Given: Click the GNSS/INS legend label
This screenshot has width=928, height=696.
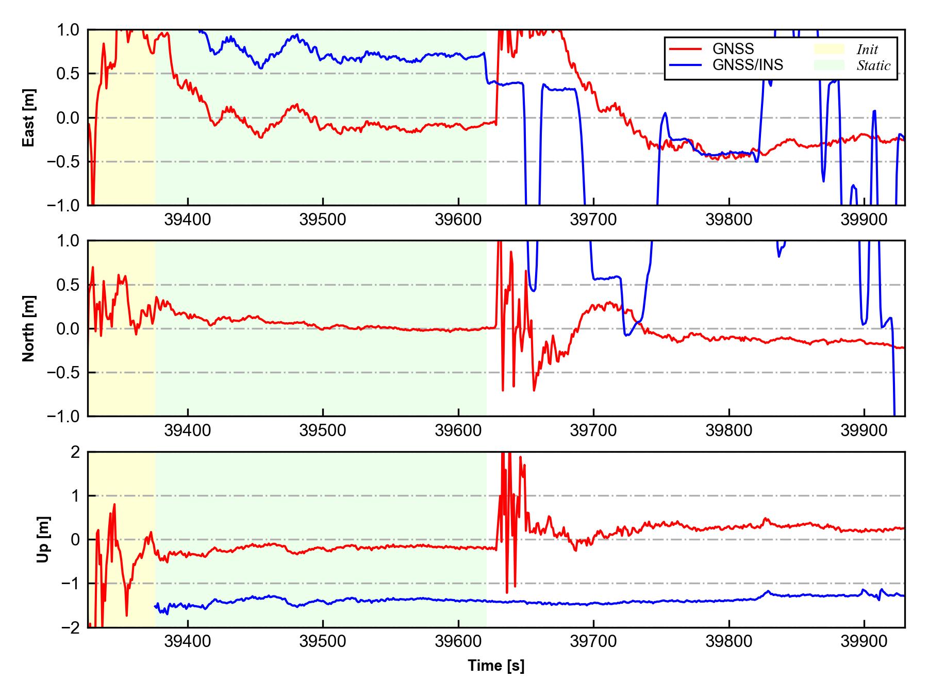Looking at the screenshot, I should [748, 65].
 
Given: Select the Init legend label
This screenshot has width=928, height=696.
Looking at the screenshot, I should [867, 49].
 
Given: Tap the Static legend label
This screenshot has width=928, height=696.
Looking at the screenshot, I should [873, 65].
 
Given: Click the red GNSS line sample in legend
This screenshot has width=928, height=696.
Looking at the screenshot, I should [685, 49].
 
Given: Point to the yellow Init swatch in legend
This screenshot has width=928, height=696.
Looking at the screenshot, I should [829, 49].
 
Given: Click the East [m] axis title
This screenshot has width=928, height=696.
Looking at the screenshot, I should [29, 118].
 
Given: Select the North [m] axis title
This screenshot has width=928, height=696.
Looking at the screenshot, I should [29, 328].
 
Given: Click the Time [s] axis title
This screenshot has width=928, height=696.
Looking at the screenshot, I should [496, 666].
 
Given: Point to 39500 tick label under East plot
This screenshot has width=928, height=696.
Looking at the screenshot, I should [323, 220].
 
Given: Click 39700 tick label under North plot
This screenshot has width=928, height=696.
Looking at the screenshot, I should [593, 431].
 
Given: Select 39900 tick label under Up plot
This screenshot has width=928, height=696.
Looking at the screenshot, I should [864, 642].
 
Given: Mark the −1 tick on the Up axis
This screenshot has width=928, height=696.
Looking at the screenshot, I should [70, 584].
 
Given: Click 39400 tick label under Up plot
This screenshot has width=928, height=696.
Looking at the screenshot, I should [188, 642].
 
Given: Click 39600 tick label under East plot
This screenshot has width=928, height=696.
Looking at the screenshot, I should [458, 220].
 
